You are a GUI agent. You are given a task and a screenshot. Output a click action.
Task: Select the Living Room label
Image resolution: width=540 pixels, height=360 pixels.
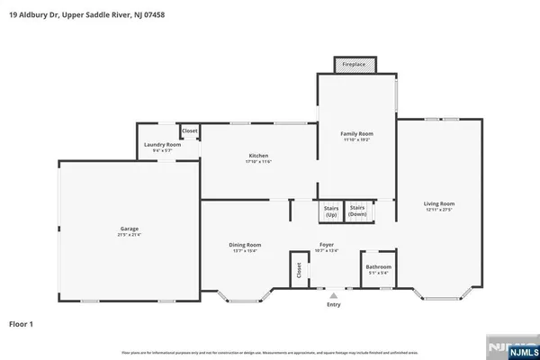click(439, 203)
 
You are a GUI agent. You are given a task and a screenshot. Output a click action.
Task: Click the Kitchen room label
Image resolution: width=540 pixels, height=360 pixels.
click(257, 156)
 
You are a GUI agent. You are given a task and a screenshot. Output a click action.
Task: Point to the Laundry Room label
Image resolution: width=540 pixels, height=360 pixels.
click(162, 144)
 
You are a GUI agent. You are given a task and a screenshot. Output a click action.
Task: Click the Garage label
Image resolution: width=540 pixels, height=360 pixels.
click(130, 229)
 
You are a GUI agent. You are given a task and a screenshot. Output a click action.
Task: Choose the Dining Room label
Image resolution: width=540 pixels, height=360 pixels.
click(245, 245)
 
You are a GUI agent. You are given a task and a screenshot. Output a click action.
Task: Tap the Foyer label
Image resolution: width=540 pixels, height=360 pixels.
click(328, 245)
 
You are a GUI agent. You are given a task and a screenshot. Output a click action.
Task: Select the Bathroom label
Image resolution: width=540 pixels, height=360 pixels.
click(378, 266)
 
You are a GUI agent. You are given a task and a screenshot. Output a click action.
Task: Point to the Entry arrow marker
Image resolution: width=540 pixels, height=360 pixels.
click(334, 294)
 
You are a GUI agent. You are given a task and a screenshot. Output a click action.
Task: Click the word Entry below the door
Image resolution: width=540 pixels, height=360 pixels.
click(334, 305)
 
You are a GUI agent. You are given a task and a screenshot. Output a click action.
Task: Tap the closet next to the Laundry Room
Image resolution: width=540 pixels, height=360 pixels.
click(190, 131)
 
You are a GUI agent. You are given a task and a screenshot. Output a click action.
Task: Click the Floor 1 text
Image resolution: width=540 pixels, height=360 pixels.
click(22, 322)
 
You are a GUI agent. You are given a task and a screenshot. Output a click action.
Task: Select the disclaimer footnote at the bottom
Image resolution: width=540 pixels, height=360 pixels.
click(270, 352)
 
